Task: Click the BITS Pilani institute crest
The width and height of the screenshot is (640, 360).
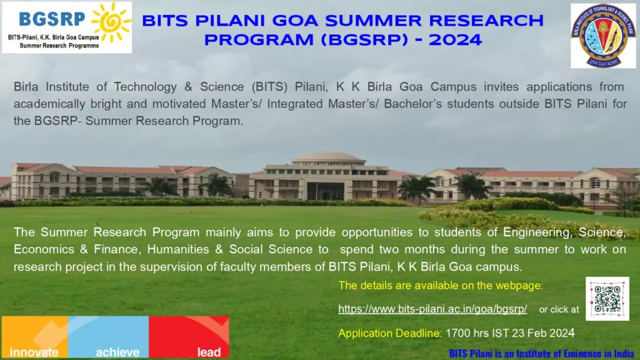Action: pyautogui.click(x=602, y=36)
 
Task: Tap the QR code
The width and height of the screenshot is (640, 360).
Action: pyautogui.click(x=607, y=299)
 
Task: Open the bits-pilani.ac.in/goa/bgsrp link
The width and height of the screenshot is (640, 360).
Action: pyautogui.click(x=432, y=309)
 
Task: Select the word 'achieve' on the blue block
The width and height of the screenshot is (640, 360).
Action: pyautogui.click(x=117, y=352)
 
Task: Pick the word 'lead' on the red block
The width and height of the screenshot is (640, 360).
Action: pyautogui.click(x=209, y=352)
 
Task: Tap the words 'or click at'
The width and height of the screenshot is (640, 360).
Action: pyautogui.click(x=559, y=309)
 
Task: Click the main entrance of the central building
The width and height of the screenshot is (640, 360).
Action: pyautogui.click(x=326, y=191)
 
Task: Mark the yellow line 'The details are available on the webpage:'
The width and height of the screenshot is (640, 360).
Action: pyautogui.click(x=441, y=286)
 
